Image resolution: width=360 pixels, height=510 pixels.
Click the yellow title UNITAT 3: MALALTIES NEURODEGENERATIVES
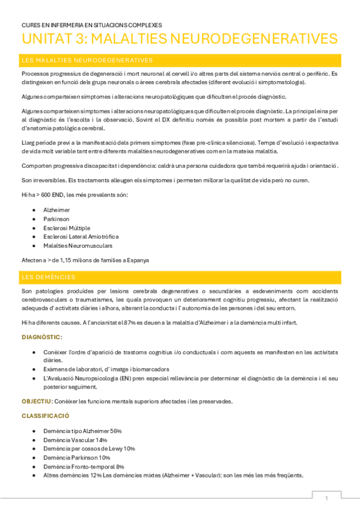179,39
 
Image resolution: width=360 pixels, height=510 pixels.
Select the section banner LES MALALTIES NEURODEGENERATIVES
87,60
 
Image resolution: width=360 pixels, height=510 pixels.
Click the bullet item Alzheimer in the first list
56,209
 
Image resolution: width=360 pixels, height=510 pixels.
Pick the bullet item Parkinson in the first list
56,218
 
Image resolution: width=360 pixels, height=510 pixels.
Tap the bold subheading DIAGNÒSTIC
41,337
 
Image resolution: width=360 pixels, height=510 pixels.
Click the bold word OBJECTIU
36,401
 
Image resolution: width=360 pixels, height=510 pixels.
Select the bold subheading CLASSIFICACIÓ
46,416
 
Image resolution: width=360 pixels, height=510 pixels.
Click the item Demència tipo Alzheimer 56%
82,431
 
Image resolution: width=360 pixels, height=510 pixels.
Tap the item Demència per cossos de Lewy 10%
89,449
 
